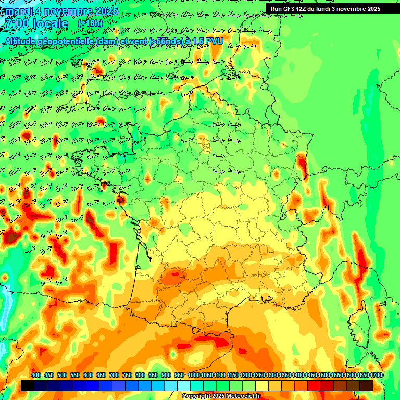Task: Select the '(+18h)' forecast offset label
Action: (90, 23)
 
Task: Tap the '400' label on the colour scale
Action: (36, 376)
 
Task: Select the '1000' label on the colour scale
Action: (194, 376)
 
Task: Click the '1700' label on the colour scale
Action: (376, 376)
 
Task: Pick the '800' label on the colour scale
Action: (140, 376)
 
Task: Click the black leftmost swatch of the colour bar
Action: (27, 385)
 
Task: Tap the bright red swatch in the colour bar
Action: (314, 385)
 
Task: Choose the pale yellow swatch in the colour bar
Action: (262, 385)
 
